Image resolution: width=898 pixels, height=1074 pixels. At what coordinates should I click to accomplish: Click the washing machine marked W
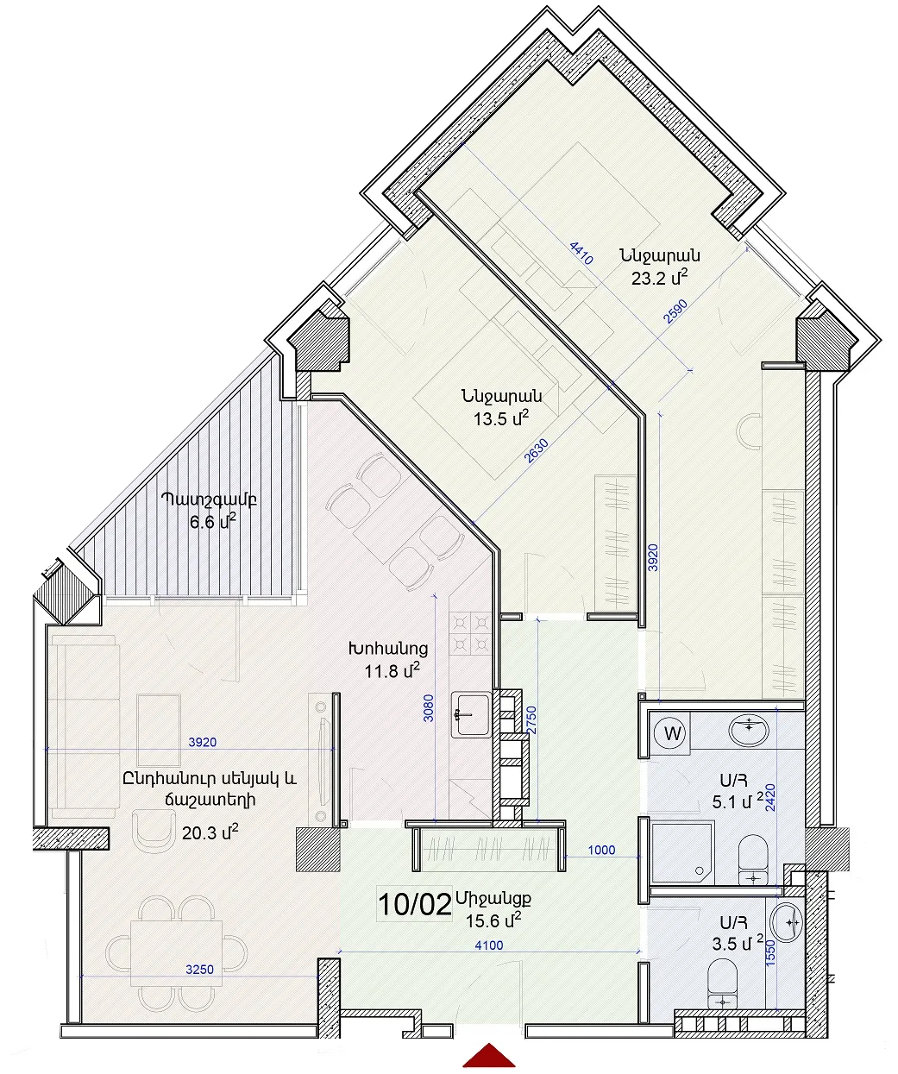tap(672, 733)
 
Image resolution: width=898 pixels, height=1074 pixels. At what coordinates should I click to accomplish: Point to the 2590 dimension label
tap(675, 311)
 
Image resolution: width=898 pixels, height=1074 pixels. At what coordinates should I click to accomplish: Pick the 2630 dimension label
tap(536, 451)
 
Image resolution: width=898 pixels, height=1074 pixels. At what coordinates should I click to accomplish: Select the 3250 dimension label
tap(199, 970)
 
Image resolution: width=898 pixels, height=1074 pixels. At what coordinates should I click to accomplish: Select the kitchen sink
tap(471, 714)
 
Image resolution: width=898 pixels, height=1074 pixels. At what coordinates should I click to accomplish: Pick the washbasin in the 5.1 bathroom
tap(750, 730)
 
